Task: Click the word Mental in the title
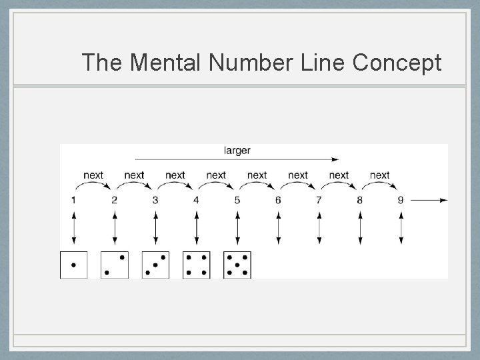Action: [167, 63]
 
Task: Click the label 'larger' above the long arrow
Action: [237, 151]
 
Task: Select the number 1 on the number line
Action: [73, 200]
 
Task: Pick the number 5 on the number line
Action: [237, 200]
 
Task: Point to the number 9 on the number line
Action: [400, 200]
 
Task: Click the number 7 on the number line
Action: [319, 200]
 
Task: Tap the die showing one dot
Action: [73, 265]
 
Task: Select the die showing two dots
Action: [115, 265]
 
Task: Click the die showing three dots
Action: [155, 265]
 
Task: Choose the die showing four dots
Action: [196, 265]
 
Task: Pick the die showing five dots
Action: [237, 265]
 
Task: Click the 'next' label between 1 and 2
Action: [93, 175]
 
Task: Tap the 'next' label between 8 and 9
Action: [379, 175]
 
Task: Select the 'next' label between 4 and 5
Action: [216, 175]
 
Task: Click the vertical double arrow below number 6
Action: [278, 228]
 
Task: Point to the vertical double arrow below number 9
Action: [401, 228]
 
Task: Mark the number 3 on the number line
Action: [155, 200]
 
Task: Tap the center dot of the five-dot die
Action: [237, 265]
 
